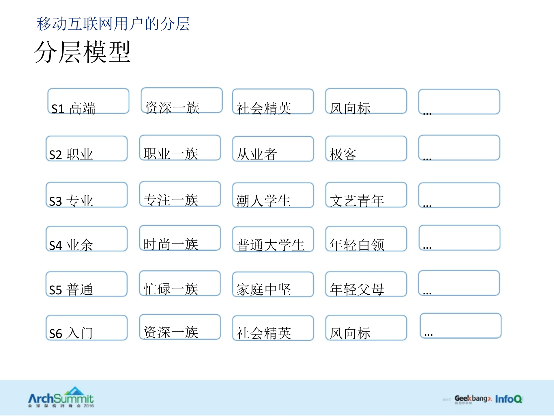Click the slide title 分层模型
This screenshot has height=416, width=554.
tap(83, 52)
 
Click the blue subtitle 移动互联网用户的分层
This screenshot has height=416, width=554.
tap(113, 24)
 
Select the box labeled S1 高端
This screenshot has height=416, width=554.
tap(88, 101)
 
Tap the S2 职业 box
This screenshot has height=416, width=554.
tap(87, 148)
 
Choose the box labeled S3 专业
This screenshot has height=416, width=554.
tap(87, 195)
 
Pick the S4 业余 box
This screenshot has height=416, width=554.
tap(87, 239)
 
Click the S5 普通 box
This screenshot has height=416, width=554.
tap(87, 284)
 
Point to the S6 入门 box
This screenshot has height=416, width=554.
tap(87, 328)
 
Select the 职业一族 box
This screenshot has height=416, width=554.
tap(180, 148)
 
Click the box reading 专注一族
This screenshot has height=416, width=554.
tap(180, 194)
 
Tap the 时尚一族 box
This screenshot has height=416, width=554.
tap(180, 238)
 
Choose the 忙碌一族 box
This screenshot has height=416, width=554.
tap(180, 283)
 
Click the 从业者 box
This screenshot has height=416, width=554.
tap(273, 149)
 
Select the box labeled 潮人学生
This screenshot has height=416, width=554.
tap(273, 195)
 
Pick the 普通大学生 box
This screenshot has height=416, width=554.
tap(273, 239)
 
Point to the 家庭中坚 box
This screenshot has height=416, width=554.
tap(273, 284)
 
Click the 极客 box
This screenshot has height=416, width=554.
tap(366, 148)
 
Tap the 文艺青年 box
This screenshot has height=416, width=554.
tap(366, 195)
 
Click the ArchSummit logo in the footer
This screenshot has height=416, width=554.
tap(61, 398)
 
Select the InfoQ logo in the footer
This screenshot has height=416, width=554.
tap(509, 399)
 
